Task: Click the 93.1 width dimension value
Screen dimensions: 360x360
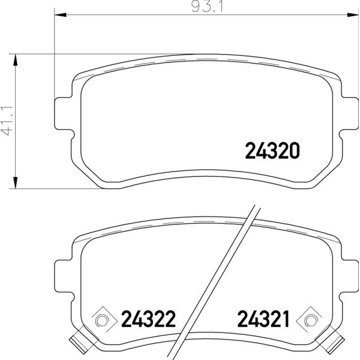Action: (x=208, y=7)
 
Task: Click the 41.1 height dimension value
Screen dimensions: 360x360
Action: (x=7, y=121)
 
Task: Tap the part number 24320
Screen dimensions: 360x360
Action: (x=272, y=151)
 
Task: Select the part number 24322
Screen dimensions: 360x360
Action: (x=148, y=319)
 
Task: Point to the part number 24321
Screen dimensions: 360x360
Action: (x=263, y=319)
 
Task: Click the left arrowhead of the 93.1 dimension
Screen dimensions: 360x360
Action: (x=61, y=15)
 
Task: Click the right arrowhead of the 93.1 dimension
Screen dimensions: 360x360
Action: (x=353, y=15)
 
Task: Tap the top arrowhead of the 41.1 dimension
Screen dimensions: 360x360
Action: (x=16, y=59)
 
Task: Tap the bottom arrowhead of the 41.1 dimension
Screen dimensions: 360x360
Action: (x=16, y=183)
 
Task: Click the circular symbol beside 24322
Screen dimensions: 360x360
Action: (x=101, y=320)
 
